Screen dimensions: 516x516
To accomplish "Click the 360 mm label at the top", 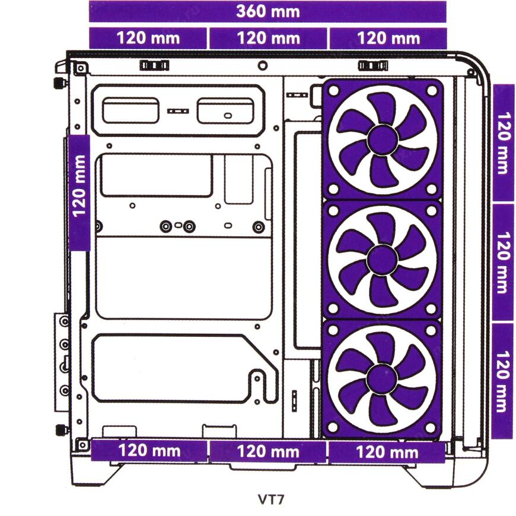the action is point(268,11).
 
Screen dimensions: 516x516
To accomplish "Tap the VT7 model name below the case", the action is point(270,499).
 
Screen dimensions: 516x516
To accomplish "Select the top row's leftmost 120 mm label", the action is point(148,38).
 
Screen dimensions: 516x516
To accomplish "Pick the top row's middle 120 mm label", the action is point(269,38).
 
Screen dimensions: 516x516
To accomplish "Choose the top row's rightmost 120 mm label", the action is point(388,38).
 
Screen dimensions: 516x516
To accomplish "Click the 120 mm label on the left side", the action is point(79,186).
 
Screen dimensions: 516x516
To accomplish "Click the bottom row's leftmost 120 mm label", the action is point(149,451).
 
